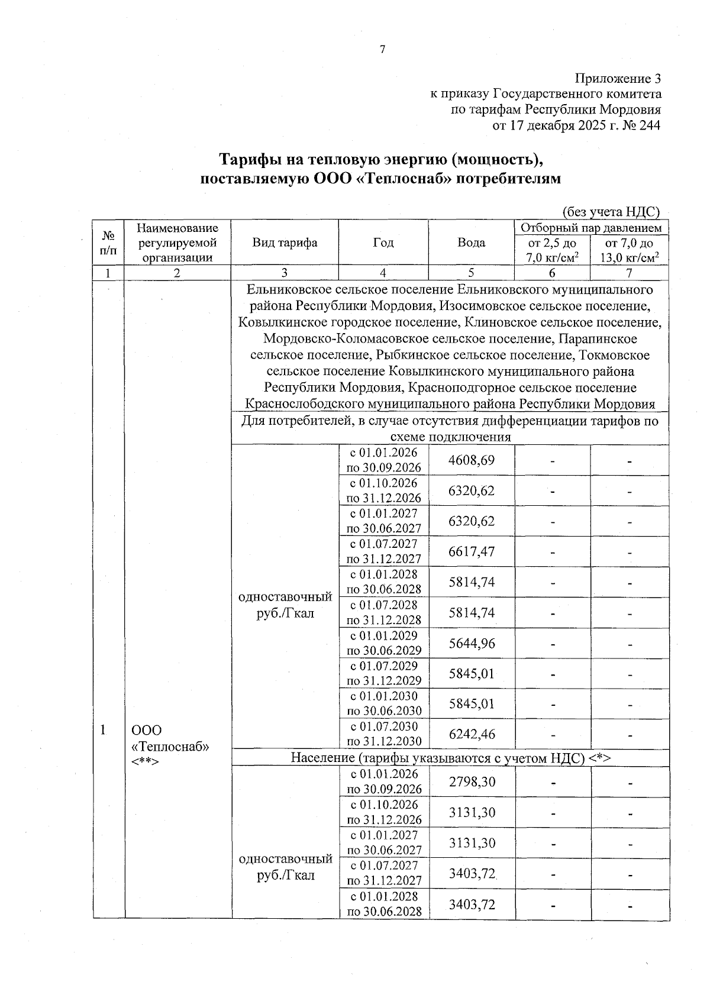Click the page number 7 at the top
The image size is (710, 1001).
click(x=382, y=50)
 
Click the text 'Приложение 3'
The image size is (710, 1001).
click(x=618, y=79)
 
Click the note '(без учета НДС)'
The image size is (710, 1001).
click(x=611, y=212)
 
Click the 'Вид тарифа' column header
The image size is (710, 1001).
click(x=285, y=243)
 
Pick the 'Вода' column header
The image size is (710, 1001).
click(x=472, y=243)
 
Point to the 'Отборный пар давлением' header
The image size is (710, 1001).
click(x=591, y=228)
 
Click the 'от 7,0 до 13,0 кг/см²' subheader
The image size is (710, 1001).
click(x=630, y=250)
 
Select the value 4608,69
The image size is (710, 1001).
click(x=472, y=460)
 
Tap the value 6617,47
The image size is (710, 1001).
click(x=472, y=551)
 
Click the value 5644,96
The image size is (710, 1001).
click(x=472, y=643)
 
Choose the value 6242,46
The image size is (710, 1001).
click(x=472, y=734)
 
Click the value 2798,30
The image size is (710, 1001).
click(x=472, y=782)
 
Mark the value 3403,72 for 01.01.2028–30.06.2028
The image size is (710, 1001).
click(x=472, y=904)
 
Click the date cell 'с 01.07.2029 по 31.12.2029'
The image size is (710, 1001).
click(x=384, y=673)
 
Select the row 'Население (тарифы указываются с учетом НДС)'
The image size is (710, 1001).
click(x=450, y=758)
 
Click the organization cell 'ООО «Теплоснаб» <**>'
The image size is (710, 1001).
click(x=170, y=745)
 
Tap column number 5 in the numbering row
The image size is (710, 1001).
click(x=472, y=273)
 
